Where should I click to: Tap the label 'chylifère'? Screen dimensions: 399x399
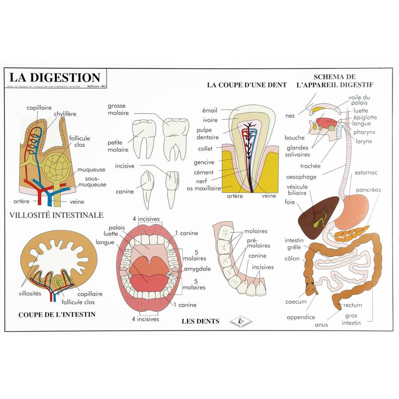(x=65, y=114)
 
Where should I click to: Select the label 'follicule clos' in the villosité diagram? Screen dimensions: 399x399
(x=79, y=141)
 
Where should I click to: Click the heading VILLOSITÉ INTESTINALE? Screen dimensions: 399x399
(x=56, y=215)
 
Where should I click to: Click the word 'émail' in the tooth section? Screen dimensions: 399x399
(x=210, y=110)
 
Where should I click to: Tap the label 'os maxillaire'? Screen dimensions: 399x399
(x=204, y=188)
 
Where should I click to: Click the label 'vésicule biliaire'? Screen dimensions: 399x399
(x=297, y=190)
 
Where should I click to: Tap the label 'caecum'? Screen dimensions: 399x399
(x=296, y=302)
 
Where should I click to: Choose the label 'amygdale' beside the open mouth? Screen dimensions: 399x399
(x=197, y=269)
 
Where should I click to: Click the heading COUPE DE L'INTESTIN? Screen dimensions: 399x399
(x=57, y=315)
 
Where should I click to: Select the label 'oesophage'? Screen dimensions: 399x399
(x=301, y=177)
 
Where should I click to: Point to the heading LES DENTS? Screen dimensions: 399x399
(x=200, y=321)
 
